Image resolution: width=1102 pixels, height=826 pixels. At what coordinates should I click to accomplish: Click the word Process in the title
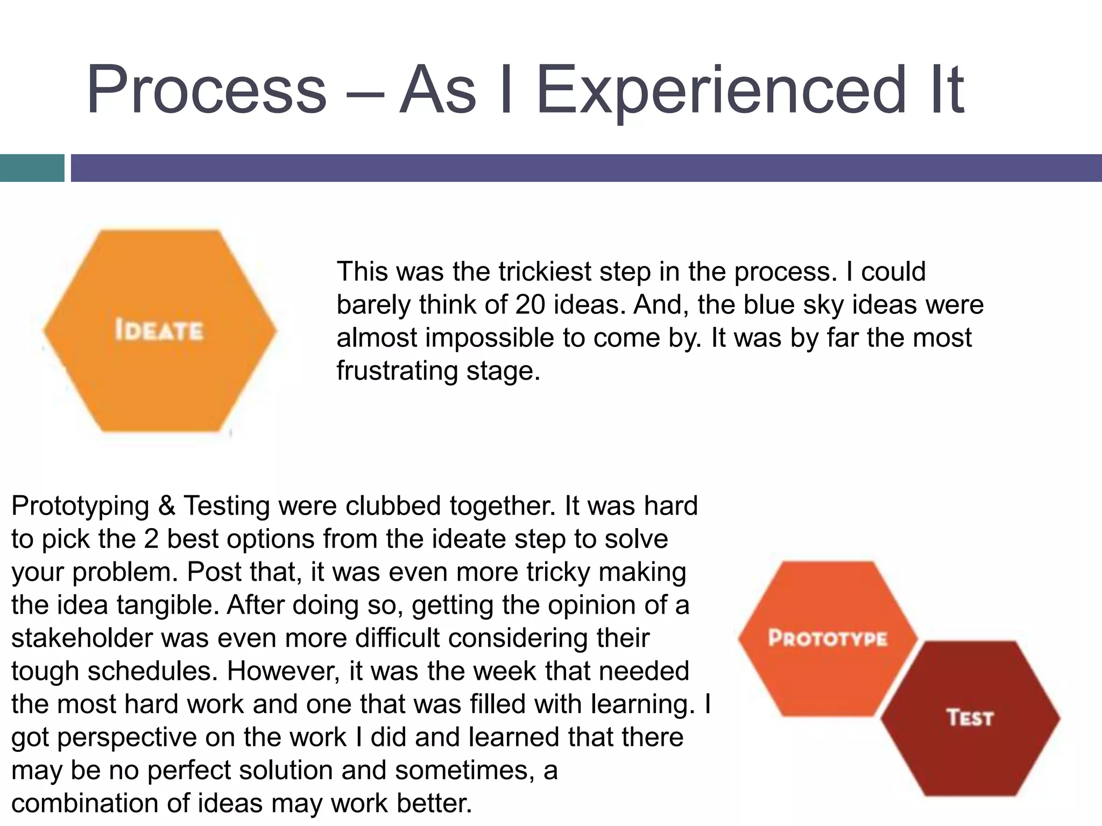click(x=207, y=90)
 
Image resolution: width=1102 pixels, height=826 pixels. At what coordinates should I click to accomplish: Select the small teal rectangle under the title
click(x=32, y=168)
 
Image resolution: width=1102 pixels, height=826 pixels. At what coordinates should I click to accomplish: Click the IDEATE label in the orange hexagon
click(x=159, y=330)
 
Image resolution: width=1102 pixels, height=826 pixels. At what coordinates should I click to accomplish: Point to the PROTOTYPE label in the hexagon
click(x=828, y=638)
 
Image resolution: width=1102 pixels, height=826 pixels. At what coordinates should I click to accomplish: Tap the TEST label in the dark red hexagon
click(x=970, y=718)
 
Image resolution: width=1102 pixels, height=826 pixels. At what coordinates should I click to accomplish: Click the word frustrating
click(x=397, y=371)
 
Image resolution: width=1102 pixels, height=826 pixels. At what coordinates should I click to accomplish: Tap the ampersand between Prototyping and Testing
click(x=167, y=506)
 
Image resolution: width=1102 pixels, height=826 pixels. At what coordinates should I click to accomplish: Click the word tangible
click(x=167, y=606)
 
